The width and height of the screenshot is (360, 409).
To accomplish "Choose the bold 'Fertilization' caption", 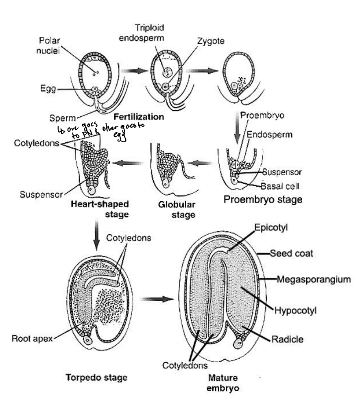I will coord(139,117).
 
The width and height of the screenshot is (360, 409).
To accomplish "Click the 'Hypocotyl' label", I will coord(295,311).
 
